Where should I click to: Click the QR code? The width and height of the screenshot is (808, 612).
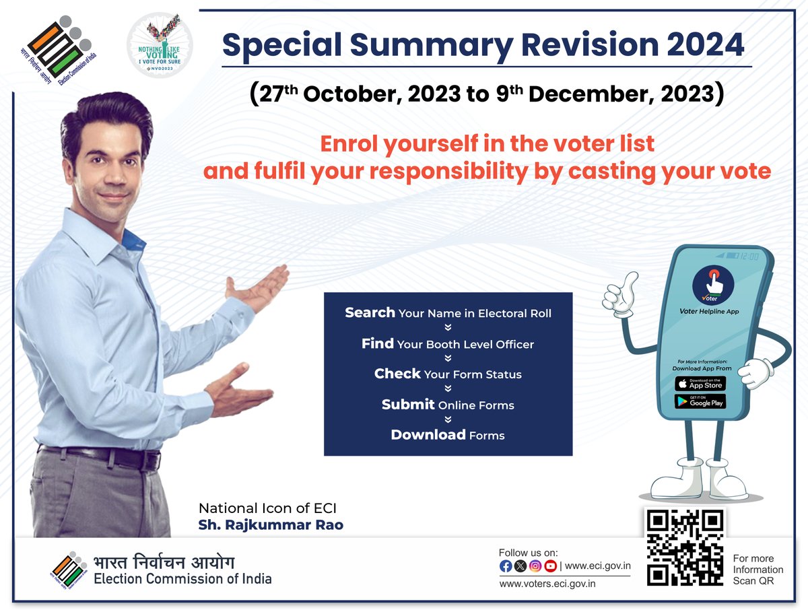tap(685, 547)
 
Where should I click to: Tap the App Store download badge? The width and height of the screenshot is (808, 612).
tap(700, 384)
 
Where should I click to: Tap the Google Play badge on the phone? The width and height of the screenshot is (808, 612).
tap(700, 401)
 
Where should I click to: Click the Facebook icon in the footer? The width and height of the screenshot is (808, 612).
tap(506, 566)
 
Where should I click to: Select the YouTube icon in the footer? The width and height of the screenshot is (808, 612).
tap(550, 566)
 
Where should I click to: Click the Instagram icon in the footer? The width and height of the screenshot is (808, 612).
tap(535, 566)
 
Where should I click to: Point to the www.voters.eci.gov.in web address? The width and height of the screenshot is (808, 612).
tap(547, 584)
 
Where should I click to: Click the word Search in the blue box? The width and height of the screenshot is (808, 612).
tap(370, 312)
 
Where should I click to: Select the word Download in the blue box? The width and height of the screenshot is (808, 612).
tap(428, 435)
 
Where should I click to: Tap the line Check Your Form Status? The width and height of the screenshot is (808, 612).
tap(448, 374)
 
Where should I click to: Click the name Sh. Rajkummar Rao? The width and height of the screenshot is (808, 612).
tap(271, 524)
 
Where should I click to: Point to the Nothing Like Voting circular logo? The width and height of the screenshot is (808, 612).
tap(160, 44)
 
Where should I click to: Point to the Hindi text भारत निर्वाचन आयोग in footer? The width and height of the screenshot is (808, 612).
tap(164, 562)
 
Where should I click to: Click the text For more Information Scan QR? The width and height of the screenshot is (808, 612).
tap(757, 570)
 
